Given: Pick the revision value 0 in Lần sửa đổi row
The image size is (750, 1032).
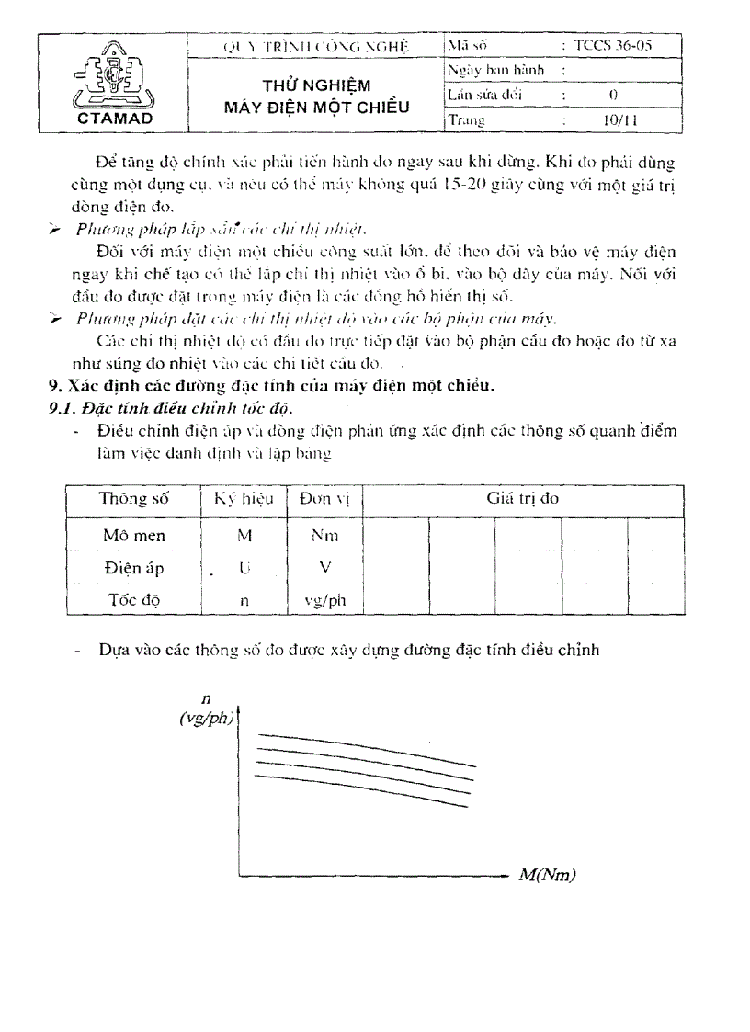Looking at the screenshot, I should tap(612, 95).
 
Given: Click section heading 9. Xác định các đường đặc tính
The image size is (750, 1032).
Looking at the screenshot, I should tap(271, 386).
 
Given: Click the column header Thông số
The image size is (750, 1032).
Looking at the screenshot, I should tap(132, 498).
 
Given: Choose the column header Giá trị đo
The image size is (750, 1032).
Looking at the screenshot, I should tap(522, 498).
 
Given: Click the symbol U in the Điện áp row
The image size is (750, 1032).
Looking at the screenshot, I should tap(244, 568).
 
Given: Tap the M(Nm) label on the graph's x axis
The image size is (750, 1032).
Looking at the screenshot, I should tap(547, 875).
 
